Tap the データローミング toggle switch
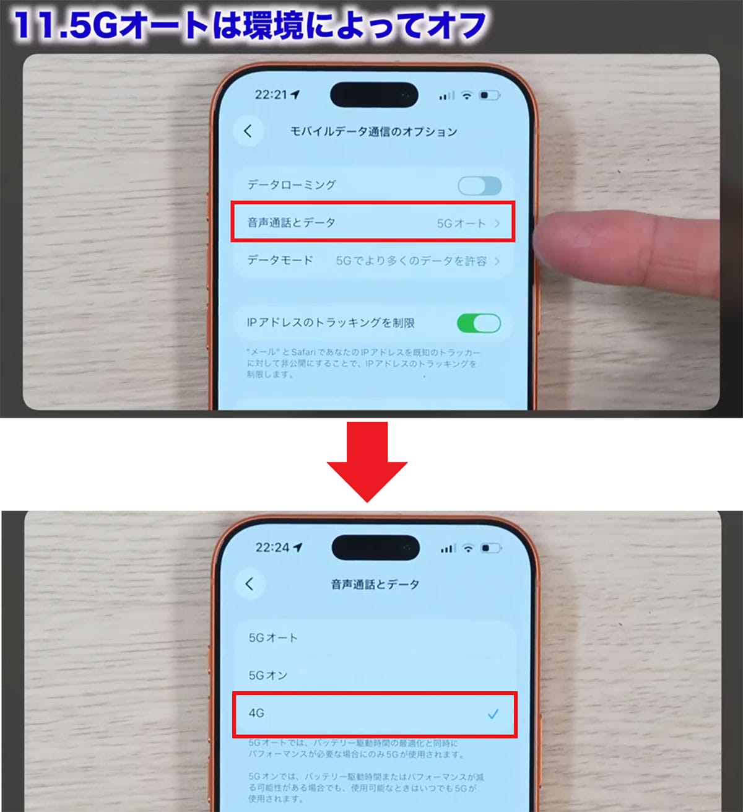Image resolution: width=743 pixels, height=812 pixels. [x=479, y=185]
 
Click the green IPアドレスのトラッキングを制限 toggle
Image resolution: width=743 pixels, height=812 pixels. [x=479, y=323]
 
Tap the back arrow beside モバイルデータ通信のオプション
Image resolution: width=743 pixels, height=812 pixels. [x=248, y=131]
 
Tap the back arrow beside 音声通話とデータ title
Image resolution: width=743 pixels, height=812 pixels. [x=250, y=583]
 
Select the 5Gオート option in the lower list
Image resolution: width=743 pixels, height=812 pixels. [x=273, y=637]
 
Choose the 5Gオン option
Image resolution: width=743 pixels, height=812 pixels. [x=268, y=675]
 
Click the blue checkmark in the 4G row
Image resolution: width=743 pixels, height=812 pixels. [x=493, y=714]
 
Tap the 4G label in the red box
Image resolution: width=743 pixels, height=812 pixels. [x=256, y=714]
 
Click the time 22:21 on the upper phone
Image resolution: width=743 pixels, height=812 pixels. [x=271, y=95]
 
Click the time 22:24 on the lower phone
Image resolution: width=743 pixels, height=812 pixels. [x=272, y=548]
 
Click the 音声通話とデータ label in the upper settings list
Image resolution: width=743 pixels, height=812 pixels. [x=291, y=223]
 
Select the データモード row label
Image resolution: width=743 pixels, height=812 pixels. [x=280, y=260]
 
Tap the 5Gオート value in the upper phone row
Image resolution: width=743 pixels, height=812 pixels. [x=461, y=224]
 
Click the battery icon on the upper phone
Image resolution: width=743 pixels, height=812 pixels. [x=489, y=95]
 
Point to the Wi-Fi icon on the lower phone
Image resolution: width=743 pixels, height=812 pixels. [x=469, y=548]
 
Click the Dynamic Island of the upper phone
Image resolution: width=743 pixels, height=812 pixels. [x=374, y=95]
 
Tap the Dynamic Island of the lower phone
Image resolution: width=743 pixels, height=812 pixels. [x=375, y=548]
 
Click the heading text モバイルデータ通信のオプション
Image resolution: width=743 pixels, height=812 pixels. [x=374, y=131]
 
